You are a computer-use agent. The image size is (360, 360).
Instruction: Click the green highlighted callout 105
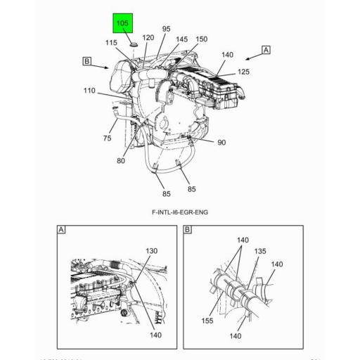tap(122, 25)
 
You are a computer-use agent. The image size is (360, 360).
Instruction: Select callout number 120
tap(148, 37)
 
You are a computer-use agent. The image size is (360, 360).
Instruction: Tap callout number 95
tap(166, 30)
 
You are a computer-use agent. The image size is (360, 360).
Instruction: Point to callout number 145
tap(182, 39)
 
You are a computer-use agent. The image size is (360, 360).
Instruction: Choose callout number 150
tap(201, 39)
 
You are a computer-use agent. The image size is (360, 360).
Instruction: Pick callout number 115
tap(112, 43)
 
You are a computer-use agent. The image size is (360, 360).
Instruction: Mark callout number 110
tap(89, 91)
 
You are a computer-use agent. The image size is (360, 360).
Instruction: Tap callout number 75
tap(107, 139)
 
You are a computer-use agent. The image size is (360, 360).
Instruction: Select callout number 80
tap(121, 161)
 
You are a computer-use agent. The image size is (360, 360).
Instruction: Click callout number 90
tap(221, 143)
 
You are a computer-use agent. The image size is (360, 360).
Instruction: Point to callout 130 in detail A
tap(151, 251)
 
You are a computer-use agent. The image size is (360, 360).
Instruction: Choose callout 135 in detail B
tap(260, 250)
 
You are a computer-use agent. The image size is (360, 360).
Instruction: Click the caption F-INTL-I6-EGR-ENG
tap(179, 212)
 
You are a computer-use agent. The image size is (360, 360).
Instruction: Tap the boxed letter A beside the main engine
tap(266, 50)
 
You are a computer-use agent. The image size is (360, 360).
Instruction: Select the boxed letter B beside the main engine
tap(86, 62)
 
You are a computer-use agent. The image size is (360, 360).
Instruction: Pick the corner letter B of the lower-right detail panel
tap(188, 230)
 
